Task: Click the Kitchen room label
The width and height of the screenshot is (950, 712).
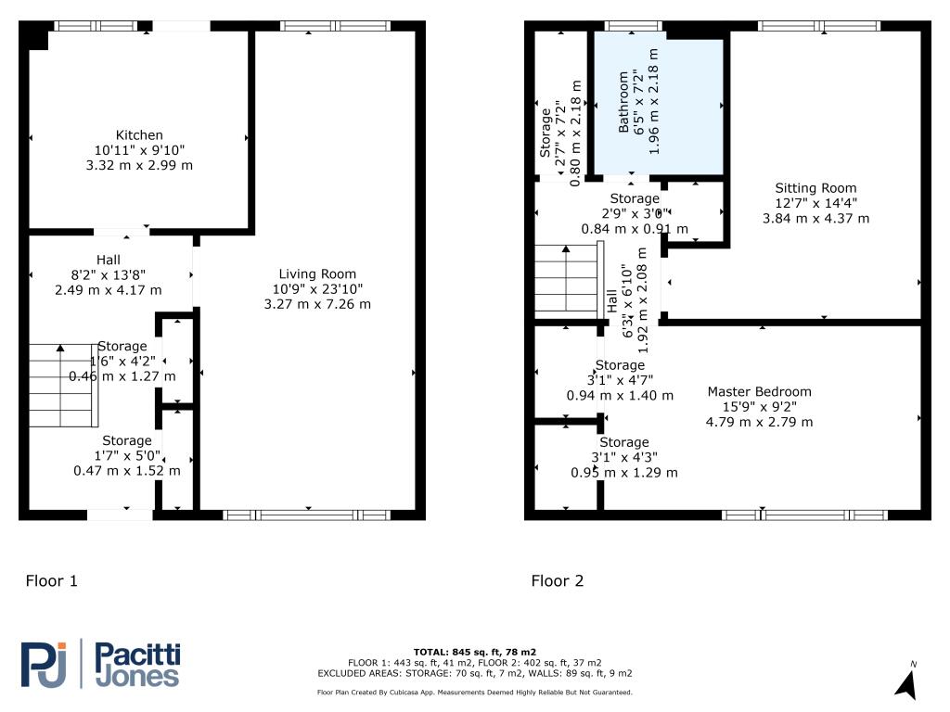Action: (139, 135)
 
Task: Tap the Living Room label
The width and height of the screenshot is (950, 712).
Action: (318, 273)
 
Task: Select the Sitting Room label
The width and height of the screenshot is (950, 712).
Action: (815, 188)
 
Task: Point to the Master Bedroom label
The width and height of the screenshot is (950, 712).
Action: (759, 391)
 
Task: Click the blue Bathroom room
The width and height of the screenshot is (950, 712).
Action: (659, 107)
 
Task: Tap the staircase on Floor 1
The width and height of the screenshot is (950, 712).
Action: (63, 384)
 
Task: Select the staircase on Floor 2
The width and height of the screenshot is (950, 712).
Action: (565, 282)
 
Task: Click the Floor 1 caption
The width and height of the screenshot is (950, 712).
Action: (51, 581)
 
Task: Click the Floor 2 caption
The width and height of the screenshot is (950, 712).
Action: (558, 581)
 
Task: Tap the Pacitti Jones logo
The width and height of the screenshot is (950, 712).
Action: (100, 665)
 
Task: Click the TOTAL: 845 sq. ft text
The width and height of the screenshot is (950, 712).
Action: (474, 652)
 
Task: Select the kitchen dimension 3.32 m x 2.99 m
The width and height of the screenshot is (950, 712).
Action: (139, 165)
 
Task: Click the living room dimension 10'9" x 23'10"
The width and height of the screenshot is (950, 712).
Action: (318, 288)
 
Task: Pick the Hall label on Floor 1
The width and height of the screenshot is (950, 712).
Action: (109, 260)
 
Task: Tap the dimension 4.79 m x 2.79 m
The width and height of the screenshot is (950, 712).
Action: (759, 422)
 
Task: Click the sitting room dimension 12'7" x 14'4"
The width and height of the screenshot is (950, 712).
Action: (815, 203)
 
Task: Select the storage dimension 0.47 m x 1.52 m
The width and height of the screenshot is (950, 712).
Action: (127, 471)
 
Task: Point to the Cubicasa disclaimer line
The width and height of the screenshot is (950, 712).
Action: (474, 693)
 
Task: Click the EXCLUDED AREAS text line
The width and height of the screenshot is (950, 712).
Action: (474, 673)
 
